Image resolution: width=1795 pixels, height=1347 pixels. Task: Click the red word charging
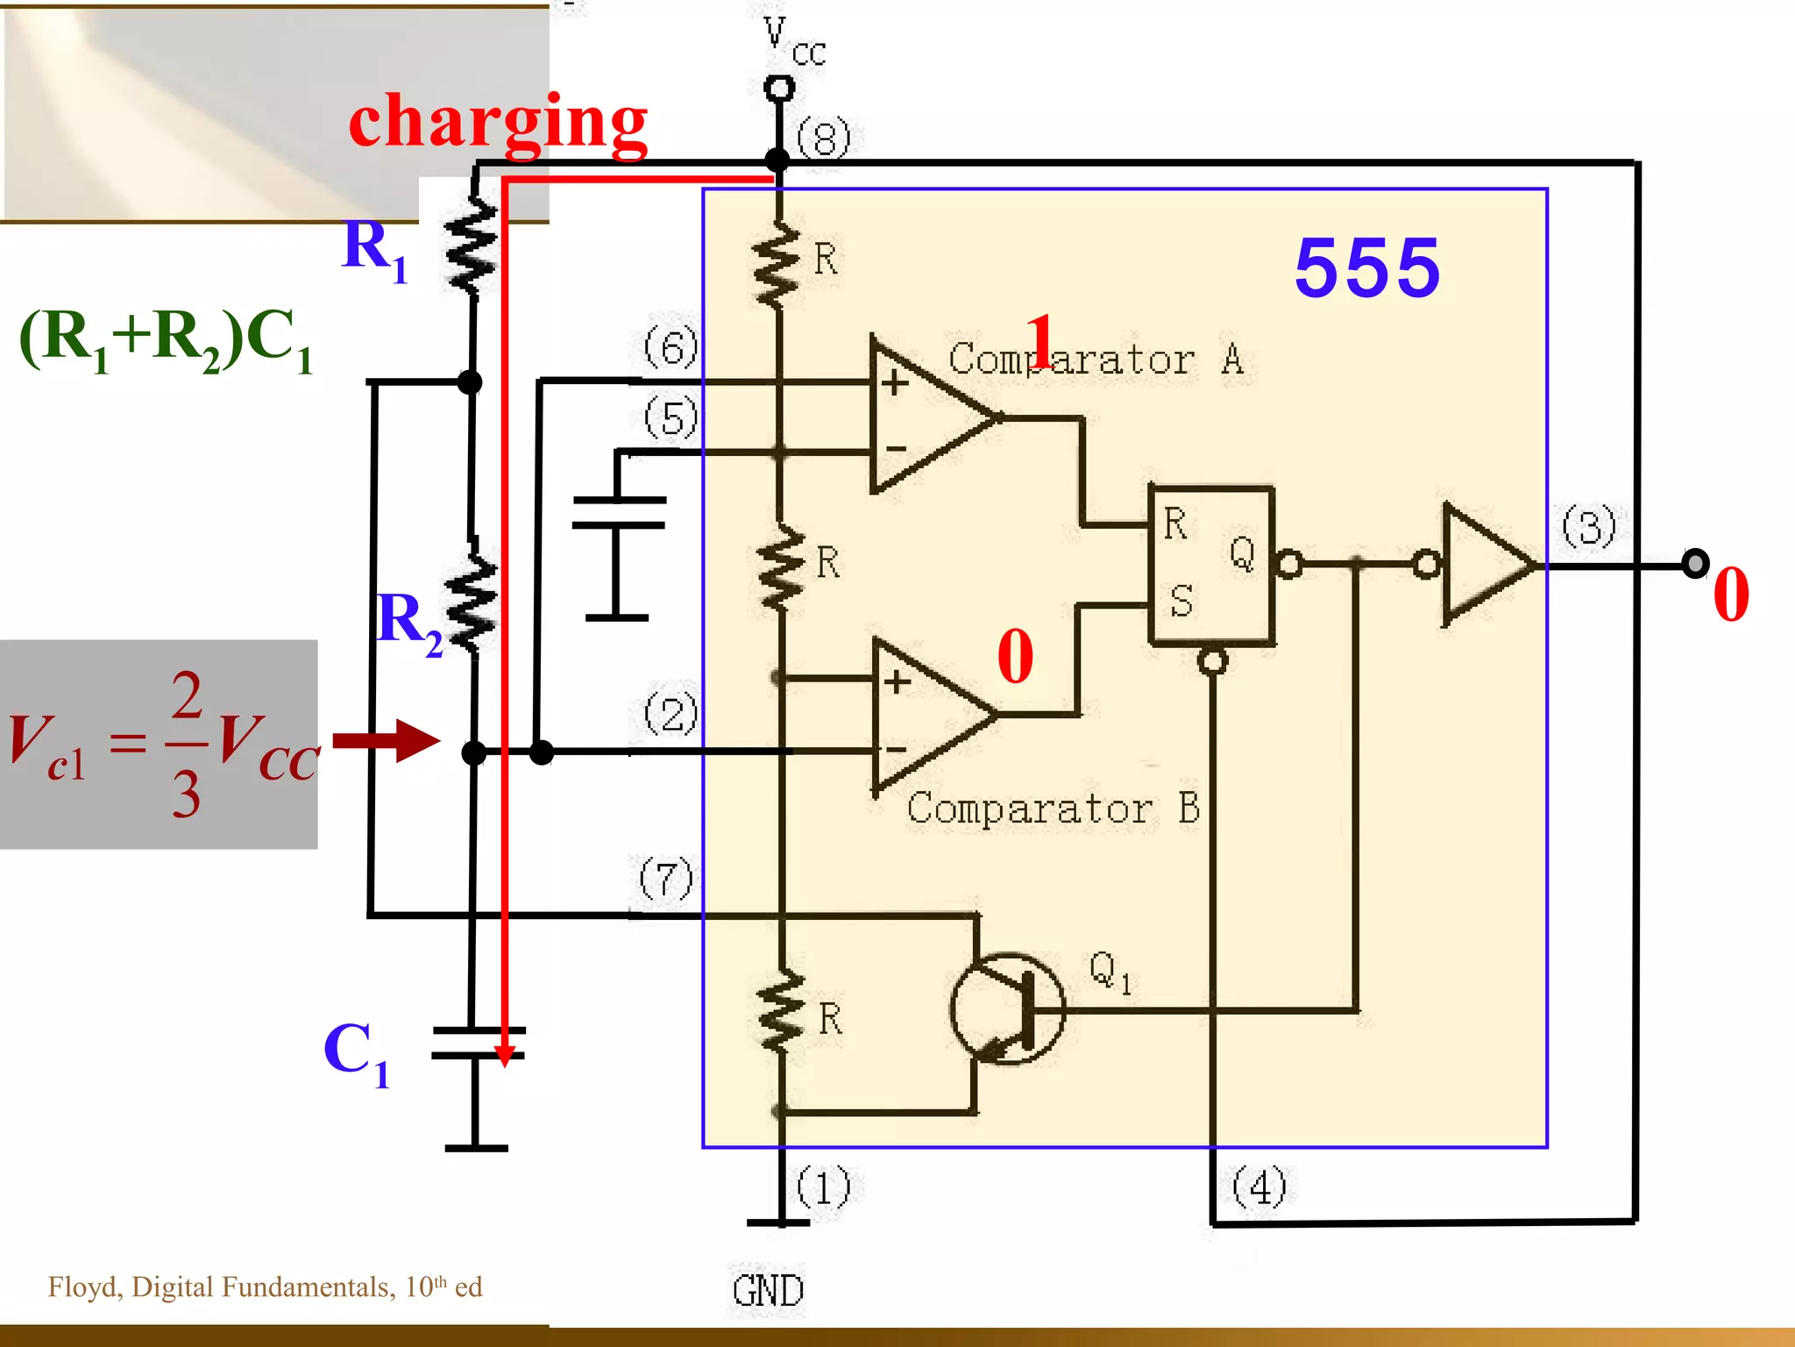pos(497,123)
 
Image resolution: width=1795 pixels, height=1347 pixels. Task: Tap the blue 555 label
pos(1366,267)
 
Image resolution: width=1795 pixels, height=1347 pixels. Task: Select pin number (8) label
pos(823,139)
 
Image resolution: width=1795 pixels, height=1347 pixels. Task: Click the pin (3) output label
pos(1588,526)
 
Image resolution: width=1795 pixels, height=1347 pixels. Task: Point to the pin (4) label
pos(1259,1187)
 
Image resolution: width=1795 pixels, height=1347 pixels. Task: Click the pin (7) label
pos(666,879)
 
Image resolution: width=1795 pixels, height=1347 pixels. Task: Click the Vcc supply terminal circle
pos(779,88)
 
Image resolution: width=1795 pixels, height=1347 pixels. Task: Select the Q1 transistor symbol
pos(1008,1008)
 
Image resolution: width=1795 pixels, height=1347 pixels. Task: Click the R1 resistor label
pos(375,250)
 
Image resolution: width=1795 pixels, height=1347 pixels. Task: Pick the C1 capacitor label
pos(356,1052)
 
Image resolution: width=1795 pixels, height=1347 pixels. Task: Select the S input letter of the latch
pos(1181,602)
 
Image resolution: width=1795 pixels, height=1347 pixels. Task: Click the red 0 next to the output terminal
pos(1730,595)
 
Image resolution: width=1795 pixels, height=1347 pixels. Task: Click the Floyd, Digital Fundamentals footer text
pos(265,1286)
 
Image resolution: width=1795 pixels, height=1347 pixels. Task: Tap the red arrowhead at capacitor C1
pos(505,1055)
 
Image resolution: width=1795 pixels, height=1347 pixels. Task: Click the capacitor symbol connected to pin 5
pos(619,513)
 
